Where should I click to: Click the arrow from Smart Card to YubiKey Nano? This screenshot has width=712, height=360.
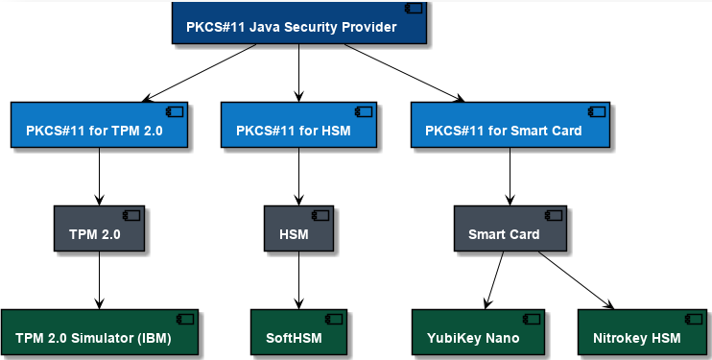pyautogui.click(x=492, y=280)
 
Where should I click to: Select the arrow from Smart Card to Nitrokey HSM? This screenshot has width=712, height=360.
pyautogui.click(x=576, y=280)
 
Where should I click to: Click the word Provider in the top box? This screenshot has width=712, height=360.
pyautogui.click(x=366, y=27)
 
